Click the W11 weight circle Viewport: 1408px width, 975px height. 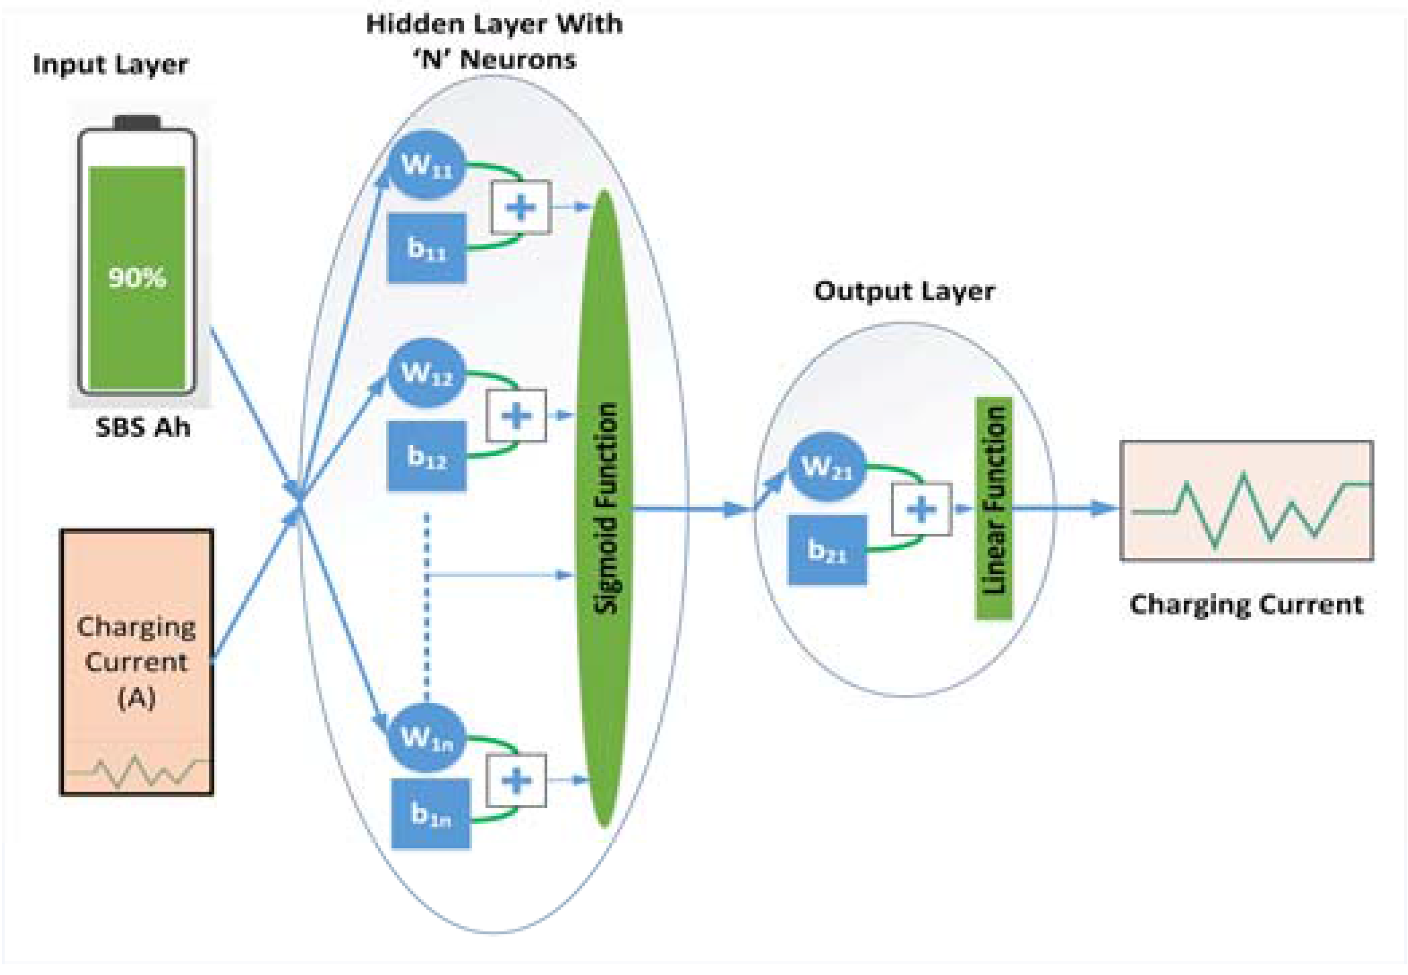(426, 165)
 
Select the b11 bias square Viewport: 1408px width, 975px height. (426, 248)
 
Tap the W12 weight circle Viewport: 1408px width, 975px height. (426, 373)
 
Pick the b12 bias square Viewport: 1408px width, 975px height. (426, 457)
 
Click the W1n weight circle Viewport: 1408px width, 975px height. (426, 737)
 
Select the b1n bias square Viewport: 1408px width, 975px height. (430, 814)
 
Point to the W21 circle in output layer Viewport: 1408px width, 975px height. (827, 467)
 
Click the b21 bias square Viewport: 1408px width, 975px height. (827, 551)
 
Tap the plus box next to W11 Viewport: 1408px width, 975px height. (521, 207)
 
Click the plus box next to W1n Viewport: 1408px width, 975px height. (516, 780)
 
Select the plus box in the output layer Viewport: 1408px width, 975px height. (921, 509)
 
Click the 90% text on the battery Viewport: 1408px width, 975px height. (137, 277)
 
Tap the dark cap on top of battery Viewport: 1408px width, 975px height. (137, 122)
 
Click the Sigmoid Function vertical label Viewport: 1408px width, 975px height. (606, 508)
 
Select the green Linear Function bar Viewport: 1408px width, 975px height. (994, 508)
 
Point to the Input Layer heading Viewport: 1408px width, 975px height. (111, 64)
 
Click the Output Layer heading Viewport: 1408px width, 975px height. (904, 291)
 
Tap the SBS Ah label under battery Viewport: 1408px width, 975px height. (143, 428)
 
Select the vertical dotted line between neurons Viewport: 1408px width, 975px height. (427, 604)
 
